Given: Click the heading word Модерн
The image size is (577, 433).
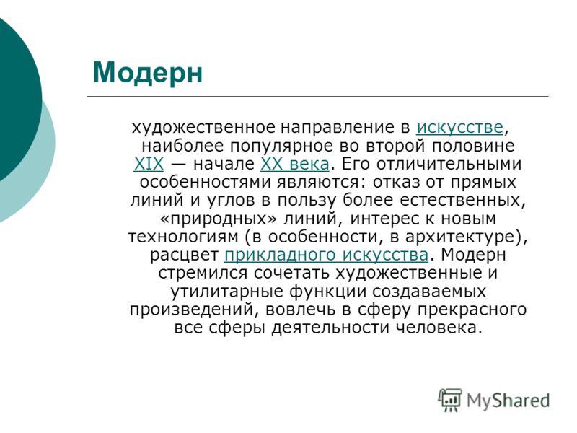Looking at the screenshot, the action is click(x=148, y=73).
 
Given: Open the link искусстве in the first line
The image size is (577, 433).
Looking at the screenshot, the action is click(x=459, y=128).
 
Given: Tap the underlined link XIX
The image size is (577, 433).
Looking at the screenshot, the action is click(x=149, y=164).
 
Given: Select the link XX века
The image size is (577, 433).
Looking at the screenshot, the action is click(x=294, y=164).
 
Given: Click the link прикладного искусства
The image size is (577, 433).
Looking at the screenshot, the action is click(x=326, y=255).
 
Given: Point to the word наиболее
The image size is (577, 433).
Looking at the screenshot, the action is click(x=182, y=146).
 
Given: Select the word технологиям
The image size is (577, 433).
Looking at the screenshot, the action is click(x=183, y=237).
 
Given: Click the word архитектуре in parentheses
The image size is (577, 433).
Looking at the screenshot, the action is click(x=459, y=237).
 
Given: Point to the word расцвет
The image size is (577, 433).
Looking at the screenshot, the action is click(x=185, y=255).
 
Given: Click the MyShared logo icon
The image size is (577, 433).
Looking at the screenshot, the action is click(x=449, y=400).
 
